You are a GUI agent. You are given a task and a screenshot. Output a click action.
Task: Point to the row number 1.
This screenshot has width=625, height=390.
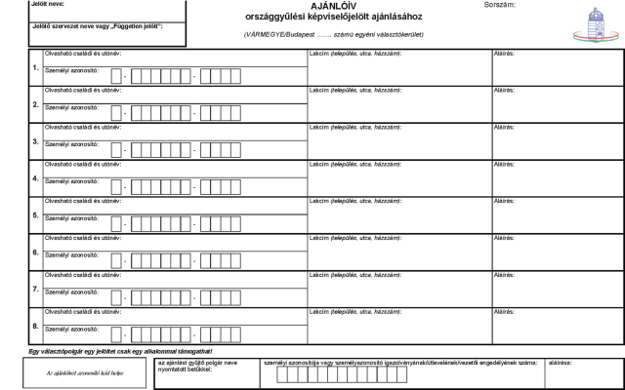pos(35,68)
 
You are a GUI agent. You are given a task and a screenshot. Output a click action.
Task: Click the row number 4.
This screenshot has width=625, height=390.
pos(35,178)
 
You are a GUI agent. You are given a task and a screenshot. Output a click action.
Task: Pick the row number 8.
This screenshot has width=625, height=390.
pos(35,326)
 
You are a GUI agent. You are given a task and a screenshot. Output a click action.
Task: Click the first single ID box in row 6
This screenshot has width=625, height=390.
pos(116,259)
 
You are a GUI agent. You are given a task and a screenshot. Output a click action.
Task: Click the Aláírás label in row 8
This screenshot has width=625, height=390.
pos(504,310)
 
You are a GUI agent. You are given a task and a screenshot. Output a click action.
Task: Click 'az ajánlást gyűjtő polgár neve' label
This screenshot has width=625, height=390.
pos(196,362)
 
